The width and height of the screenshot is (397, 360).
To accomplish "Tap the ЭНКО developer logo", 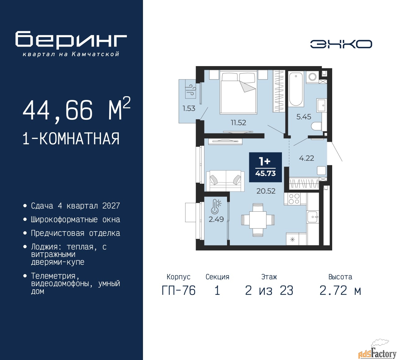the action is click(341, 44).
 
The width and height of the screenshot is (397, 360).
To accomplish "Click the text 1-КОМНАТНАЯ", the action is click(71, 139).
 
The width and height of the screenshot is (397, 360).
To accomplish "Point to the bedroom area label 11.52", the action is click(238, 123).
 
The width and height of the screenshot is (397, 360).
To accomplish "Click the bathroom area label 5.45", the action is click(304, 117).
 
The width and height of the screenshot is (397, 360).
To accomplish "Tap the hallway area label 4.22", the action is click(306, 158).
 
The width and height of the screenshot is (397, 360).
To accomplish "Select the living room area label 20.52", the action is click(266, 191).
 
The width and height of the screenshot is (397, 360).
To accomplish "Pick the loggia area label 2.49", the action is click(216, 219).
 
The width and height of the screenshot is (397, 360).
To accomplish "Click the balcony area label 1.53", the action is click(189, 108).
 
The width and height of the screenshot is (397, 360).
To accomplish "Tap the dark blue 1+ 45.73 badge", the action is click(265, 167).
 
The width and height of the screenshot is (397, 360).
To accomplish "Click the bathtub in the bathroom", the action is click(296, 89).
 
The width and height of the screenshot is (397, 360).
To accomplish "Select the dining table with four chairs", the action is click(258, 220).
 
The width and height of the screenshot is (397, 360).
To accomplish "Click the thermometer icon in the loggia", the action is click(216, 207).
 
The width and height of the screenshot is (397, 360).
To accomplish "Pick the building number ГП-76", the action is click(179, 291).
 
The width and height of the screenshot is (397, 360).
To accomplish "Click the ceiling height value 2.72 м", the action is click(340, 291).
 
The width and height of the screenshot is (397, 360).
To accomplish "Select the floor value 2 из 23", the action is click(269, 291).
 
